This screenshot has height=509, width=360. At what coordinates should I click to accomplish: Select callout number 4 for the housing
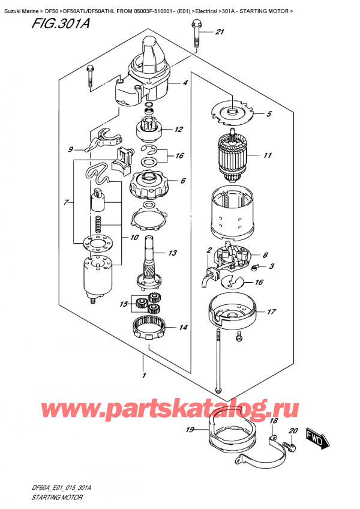coord(185,83)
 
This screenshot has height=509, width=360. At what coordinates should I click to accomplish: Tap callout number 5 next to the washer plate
coord(269,114)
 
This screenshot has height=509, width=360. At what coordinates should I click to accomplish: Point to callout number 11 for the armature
coord(267,155)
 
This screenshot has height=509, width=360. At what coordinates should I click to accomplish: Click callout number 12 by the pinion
coord(178,129)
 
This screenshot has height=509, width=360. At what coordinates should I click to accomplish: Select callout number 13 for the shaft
coord(173,254)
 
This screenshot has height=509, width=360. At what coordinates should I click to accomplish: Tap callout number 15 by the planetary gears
coord(124,305)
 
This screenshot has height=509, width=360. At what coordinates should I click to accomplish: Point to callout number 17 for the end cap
coord(271,312)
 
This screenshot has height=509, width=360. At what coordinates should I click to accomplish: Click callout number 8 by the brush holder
coord(265,254)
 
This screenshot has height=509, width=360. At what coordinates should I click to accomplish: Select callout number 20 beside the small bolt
coord(293,431)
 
